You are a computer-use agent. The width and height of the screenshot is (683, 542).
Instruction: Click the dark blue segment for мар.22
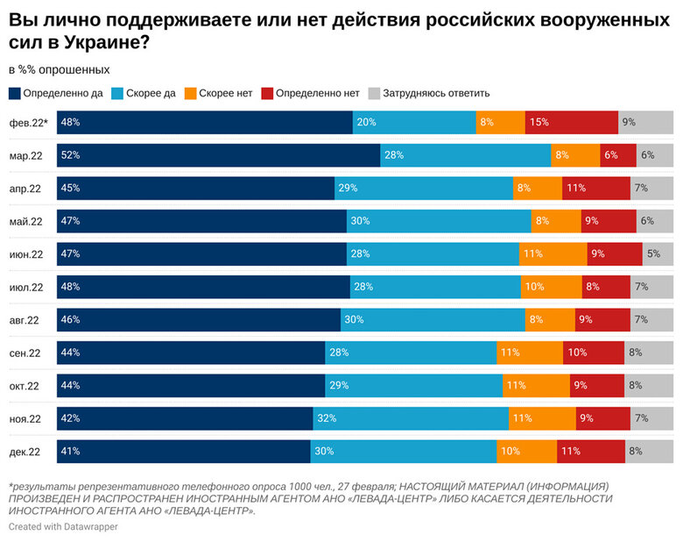[218, 155]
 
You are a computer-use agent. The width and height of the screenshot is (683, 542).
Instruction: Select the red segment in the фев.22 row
[572, 123]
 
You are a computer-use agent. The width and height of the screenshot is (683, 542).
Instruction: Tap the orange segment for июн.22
[553, 254]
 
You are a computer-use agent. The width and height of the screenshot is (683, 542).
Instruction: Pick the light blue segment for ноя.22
[410, 418]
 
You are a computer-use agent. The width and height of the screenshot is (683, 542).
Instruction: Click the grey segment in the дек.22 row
[649, 452]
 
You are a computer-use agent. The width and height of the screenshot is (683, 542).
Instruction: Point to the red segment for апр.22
[595, 189]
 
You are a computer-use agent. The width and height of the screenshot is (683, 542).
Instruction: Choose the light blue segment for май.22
[439, 221]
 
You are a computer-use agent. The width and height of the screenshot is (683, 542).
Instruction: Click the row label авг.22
[25, 320]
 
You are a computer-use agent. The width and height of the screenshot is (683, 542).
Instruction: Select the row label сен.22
[25, 353]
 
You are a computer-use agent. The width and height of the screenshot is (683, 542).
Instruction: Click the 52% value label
[71, 155]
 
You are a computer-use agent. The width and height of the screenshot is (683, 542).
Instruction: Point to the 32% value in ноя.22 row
[327, 418]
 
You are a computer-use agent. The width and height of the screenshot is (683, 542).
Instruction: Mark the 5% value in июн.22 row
[653, 254]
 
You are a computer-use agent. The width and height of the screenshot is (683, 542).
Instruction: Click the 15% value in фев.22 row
[539, 123]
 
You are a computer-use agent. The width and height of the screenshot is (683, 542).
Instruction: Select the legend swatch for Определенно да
[14, 93]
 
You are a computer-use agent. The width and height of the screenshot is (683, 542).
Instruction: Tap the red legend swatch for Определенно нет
[268, 93]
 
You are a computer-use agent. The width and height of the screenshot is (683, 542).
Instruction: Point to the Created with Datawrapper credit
[63, 526]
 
